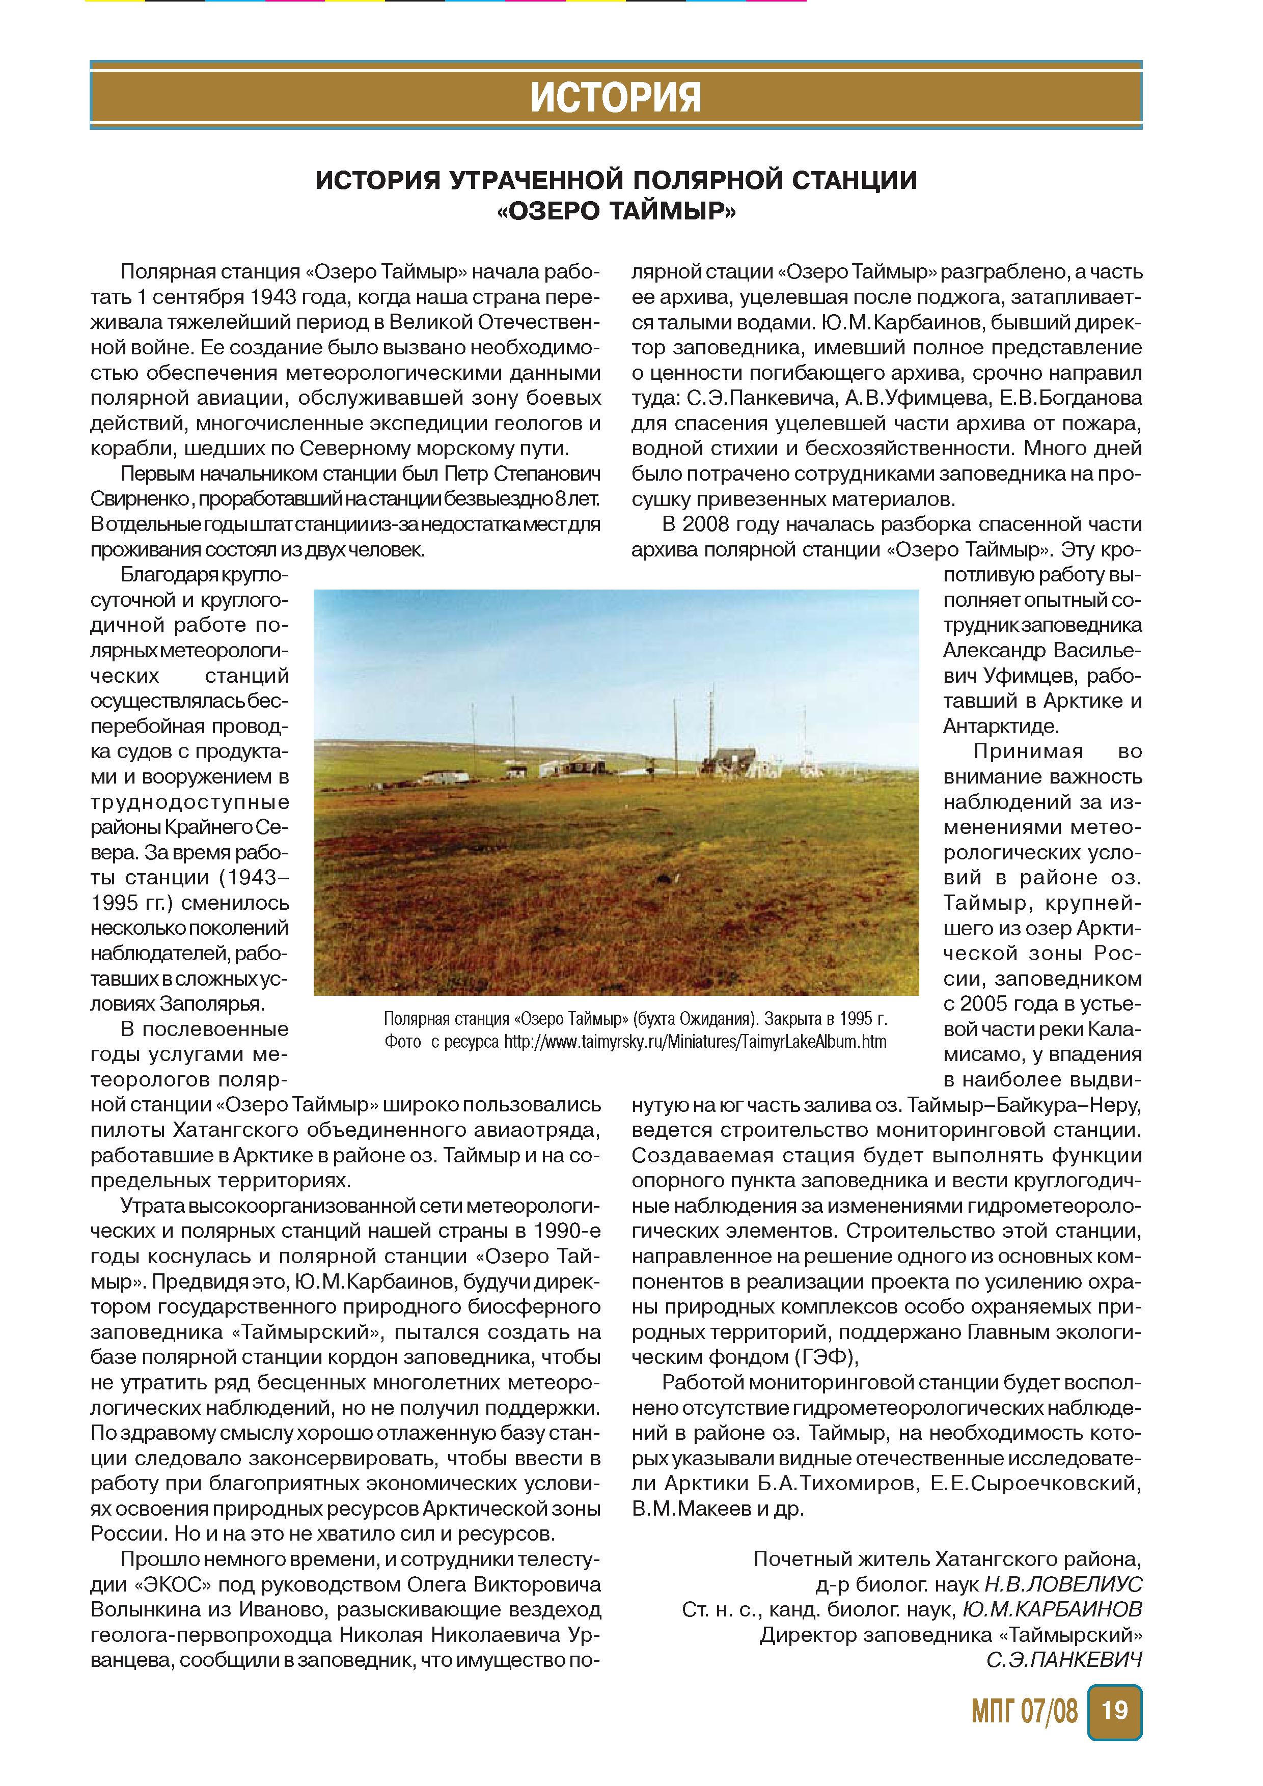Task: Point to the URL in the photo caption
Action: [x=695, y=1042]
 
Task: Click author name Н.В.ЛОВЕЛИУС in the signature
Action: [x=1063, y=1584]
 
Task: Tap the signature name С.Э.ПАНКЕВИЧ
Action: [x=1064, y=1660]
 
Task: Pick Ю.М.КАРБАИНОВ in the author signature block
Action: [x=1052, y=1609]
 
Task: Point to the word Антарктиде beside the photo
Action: [x=1001, y=727]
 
